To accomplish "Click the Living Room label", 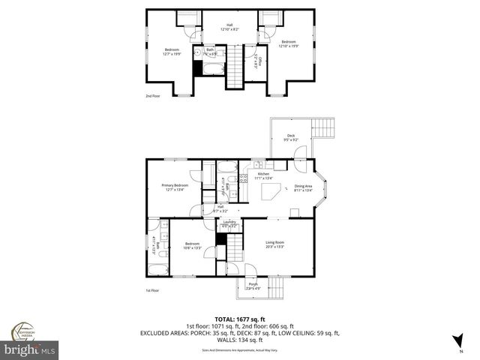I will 274,243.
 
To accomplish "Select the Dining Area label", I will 303,187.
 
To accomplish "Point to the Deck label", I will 290,137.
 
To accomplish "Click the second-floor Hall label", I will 229,28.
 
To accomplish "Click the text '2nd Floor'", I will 153,96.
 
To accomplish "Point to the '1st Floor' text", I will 152,291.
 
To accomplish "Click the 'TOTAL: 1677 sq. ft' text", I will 239,319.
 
